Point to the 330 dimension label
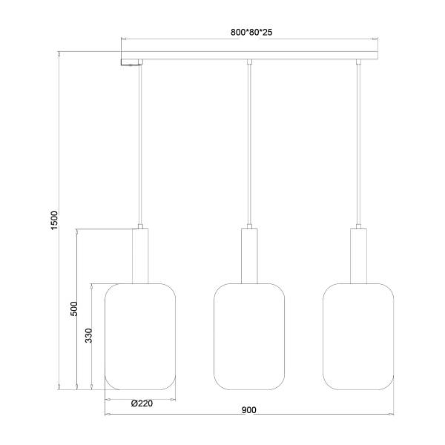[88, 337]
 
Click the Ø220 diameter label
[141, 403]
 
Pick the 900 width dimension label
[250, 410]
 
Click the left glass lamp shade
[140, 336]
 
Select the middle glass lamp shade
[250, 336]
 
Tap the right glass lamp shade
[359, 336]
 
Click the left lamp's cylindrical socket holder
[140, 255]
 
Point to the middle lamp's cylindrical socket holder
[250, 255]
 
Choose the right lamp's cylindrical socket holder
[359, 255]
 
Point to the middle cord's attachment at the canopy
[250, 62]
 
